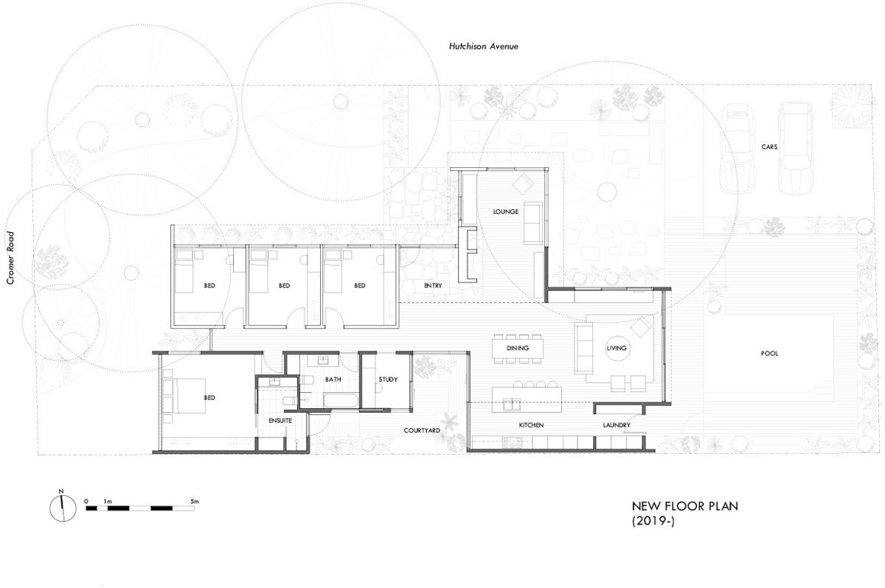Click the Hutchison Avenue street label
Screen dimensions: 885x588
click(x=483, y=46)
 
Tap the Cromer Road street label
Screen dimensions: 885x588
click(x=10, y=258)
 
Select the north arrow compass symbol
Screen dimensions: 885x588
click(x=63, y=508)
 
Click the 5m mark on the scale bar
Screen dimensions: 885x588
click(x=195, y=502)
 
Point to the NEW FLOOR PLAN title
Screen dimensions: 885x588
click(x=684, y=506)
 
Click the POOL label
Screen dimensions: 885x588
click(x=769, y=354)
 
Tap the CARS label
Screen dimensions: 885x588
click(x=769, y=147)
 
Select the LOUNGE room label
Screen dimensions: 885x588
click(x=505, y=211)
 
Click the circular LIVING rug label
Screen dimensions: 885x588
click(x=616, y=348)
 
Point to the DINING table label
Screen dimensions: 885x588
click(x=518, y=348)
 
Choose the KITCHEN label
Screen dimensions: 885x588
click(x=531, y=425)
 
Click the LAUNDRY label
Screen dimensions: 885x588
click(x=617, y=425)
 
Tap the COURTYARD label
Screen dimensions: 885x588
click(x=422, y=430)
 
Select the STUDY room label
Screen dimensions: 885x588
click(x=388, y=379)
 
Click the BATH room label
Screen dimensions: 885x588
click(x=333, y=379)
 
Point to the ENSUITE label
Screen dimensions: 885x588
click(x=280, y=421)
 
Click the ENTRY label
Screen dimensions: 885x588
click(x=433, y=285)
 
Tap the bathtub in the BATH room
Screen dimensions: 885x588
click(x=341, y=401)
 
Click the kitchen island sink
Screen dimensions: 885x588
click(x=511, y=405)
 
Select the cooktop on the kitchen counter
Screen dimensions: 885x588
click(x=513, y=442)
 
